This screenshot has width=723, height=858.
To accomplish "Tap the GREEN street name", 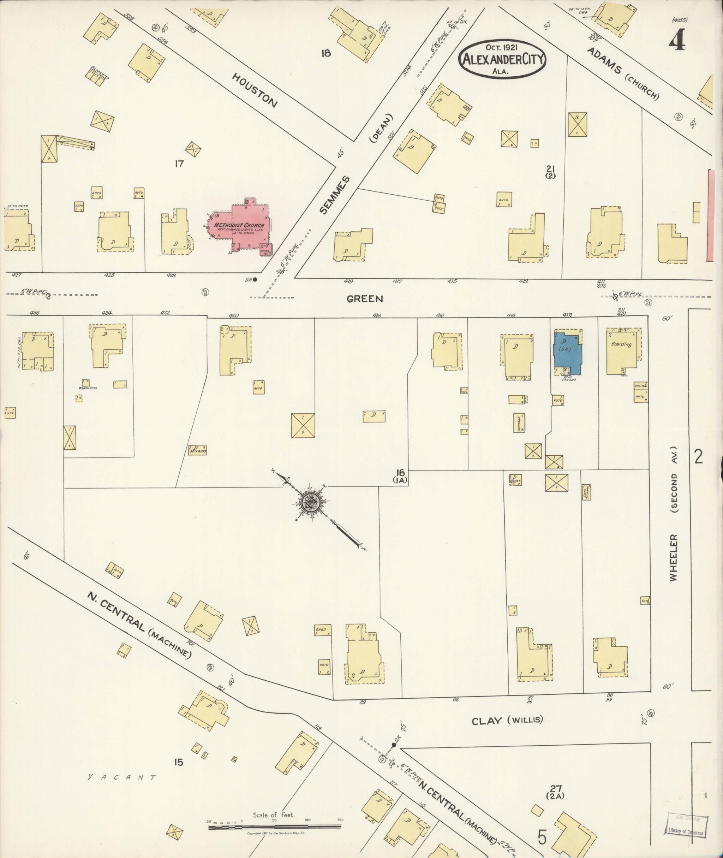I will pyautogui.click(x=365, y=299).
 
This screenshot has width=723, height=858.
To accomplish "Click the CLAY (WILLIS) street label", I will pyautogui.click(x=507, y=720).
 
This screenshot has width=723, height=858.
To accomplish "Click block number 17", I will pyautogui.click(x=179, y=164).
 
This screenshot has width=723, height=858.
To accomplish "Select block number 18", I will pyautogui.click(x=326, y=53).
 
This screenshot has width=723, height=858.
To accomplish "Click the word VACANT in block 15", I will pyautogui.click(x=123, y=777).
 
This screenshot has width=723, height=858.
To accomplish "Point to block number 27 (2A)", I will pyautogui.click(x=556, y=792).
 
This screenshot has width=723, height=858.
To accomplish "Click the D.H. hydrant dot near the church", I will pyautogui.click(x=255, y=280).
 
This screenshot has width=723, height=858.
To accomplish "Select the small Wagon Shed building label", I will pyautogui.click(x=88, y=387).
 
